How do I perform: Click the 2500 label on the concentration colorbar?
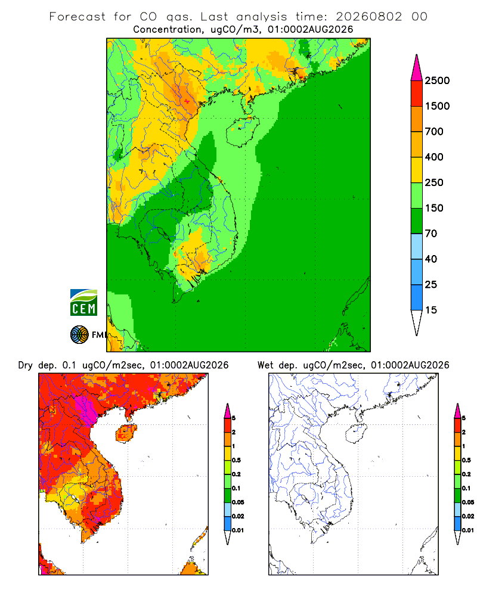(x=437, y=80)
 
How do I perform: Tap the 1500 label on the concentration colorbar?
(x=437, y=106)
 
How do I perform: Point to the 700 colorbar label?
(x=434, y=132)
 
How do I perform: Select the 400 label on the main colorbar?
(x=434, y=157)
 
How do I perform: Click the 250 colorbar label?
(x=434, y=182)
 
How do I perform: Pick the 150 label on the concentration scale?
(x=434, y=208)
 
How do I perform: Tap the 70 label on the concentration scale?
(x=431, y=234)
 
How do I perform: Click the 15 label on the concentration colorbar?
(x=431, y=310)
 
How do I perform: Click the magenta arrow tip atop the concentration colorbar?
(x=417, y=68)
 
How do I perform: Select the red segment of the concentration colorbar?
(x=417, y=94)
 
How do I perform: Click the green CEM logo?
(x=83, y=303)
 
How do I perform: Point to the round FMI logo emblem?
(x=79, y=335)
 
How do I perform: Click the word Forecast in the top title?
(x=78, y=17)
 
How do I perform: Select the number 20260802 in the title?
(x=368, y=17)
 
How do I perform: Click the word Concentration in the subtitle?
(x=168, y=30)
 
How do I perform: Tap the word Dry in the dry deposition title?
(x=26, y=366)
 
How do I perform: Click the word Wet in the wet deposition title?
(x=265, y=365)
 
